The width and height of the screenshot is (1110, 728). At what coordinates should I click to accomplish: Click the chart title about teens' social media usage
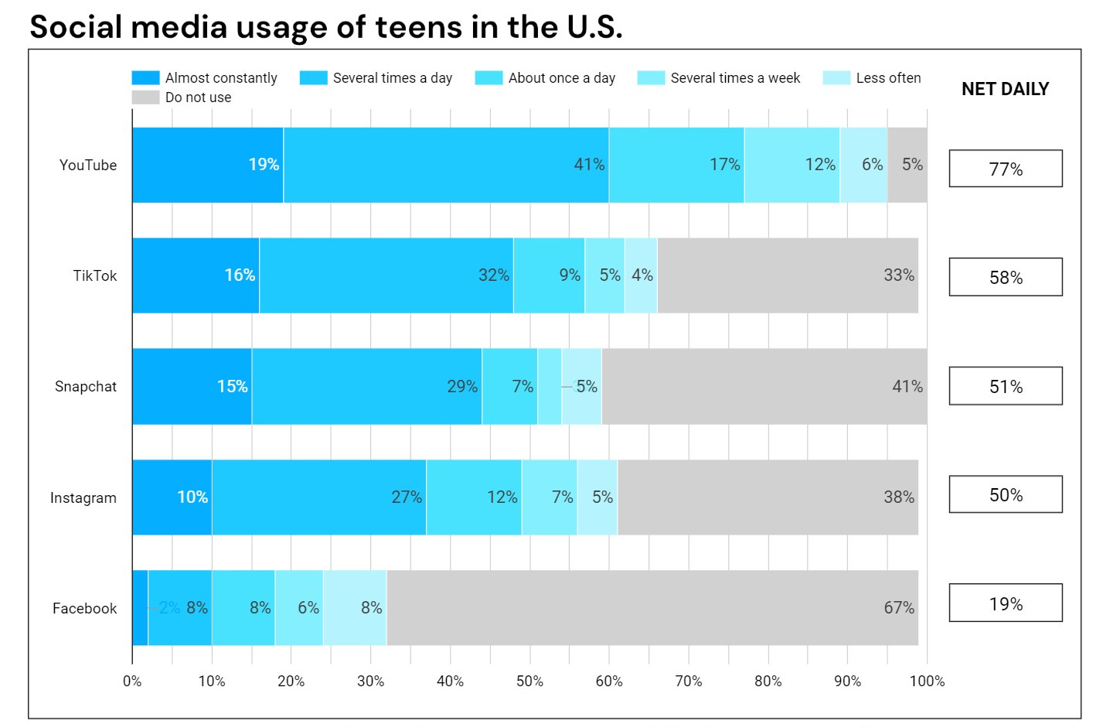[x=325, y=26]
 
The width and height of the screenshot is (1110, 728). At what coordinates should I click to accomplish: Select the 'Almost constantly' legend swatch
[x=145, y=78]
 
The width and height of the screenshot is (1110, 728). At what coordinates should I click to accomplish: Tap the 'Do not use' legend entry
[x=182, y=97]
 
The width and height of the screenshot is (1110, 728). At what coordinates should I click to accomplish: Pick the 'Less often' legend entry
[x=872, y=78]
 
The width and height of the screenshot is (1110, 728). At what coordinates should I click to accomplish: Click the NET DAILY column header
[x=1005, y=89]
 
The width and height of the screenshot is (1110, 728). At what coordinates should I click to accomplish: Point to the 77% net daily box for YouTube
[x=1005, y=169]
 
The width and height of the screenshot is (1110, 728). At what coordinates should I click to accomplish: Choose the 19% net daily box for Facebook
[x=1005, y=603]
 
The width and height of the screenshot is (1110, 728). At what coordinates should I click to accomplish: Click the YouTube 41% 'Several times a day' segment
[x=446, y=165]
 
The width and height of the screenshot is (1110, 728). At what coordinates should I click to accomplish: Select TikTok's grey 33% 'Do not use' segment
[x=788, y=275]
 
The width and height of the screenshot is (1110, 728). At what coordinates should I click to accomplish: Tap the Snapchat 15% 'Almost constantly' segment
[x=192, y=386]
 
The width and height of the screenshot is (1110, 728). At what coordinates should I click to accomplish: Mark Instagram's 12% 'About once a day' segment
[x=474, y=497]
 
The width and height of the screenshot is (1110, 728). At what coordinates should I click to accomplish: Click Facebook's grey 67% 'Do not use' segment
[x=652, y=608]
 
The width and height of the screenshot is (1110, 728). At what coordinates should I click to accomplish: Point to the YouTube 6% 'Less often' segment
[x=863, y=165]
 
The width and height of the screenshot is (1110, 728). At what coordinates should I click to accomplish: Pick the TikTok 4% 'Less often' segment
[x=641, y=275]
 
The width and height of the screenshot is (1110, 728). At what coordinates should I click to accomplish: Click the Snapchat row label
[x=86, y=387]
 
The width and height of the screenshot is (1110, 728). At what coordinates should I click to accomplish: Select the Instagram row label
[x=83, y=497]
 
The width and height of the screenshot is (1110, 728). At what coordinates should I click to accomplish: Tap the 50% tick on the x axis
[x=529, y=681]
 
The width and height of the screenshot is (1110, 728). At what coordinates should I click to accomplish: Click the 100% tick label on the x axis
[x=927, y=681]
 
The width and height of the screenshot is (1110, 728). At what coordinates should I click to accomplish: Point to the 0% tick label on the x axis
[x=132, y=681]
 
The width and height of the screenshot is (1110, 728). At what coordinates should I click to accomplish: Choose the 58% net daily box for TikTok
[x=1005, y=277]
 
